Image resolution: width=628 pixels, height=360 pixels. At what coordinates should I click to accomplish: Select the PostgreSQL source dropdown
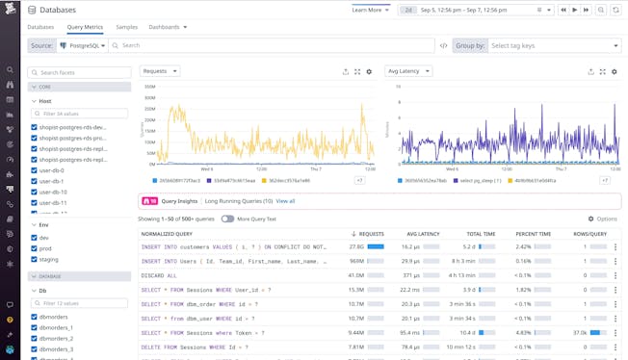84,45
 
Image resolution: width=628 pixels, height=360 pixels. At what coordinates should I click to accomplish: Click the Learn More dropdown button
371,10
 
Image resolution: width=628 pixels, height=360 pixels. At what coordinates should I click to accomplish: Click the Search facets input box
80,72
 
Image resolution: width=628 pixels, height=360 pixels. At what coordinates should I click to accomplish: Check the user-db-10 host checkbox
36,192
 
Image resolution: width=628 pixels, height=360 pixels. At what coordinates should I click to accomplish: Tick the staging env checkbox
36,260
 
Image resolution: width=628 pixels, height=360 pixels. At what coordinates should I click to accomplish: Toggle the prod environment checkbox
36,248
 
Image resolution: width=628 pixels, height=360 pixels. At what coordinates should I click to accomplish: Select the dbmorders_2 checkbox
36,339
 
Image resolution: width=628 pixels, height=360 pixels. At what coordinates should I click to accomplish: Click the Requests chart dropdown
160,71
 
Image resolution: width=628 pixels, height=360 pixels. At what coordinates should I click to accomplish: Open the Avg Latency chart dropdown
408,71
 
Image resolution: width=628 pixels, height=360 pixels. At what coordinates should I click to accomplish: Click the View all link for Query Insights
286,201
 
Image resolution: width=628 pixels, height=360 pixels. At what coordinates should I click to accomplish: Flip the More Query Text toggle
228,219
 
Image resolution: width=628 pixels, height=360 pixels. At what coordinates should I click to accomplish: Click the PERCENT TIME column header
534,234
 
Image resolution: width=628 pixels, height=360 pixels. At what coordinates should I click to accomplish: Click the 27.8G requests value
355,247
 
